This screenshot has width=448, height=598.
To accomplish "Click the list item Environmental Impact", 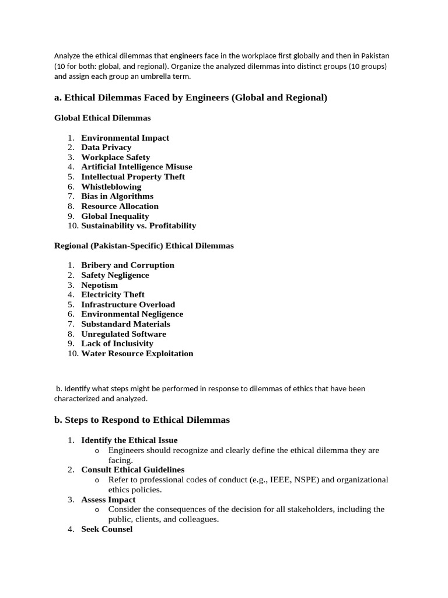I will click(x=125, y=138).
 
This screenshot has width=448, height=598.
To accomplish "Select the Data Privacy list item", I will click(x=106, y=148).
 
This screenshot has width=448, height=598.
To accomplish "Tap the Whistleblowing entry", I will click(x=111, y=187).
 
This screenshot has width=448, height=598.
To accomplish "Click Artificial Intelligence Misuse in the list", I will click(x=136, y=167).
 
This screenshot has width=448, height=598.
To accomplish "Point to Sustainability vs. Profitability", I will click(x=138, y=226).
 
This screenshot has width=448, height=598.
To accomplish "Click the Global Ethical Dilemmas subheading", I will click(x=102, y=118).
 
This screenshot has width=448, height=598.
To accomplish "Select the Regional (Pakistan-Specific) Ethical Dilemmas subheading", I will click(x=143, y=246).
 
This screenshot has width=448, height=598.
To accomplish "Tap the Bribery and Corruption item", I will click(x=128, y=265).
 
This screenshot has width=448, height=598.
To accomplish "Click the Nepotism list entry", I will click(x=99, y=285).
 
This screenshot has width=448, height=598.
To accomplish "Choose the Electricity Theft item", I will click(x=113, y=295).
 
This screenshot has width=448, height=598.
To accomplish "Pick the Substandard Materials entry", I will click(x=125, y=324).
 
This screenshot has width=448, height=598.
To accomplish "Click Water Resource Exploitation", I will click(x=137, y=353).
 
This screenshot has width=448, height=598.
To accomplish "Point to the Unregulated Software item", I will click(x=124, y=334).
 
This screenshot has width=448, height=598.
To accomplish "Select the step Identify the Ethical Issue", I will click(x=129, y=440).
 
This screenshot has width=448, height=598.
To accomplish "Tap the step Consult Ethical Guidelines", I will click(x=132, y=470).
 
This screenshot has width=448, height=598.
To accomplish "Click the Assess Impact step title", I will click(x=108, y=500).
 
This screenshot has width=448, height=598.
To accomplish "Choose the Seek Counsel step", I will click(x=107, y=529).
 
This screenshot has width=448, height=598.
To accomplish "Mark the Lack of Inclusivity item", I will click(x=117, y=344).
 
